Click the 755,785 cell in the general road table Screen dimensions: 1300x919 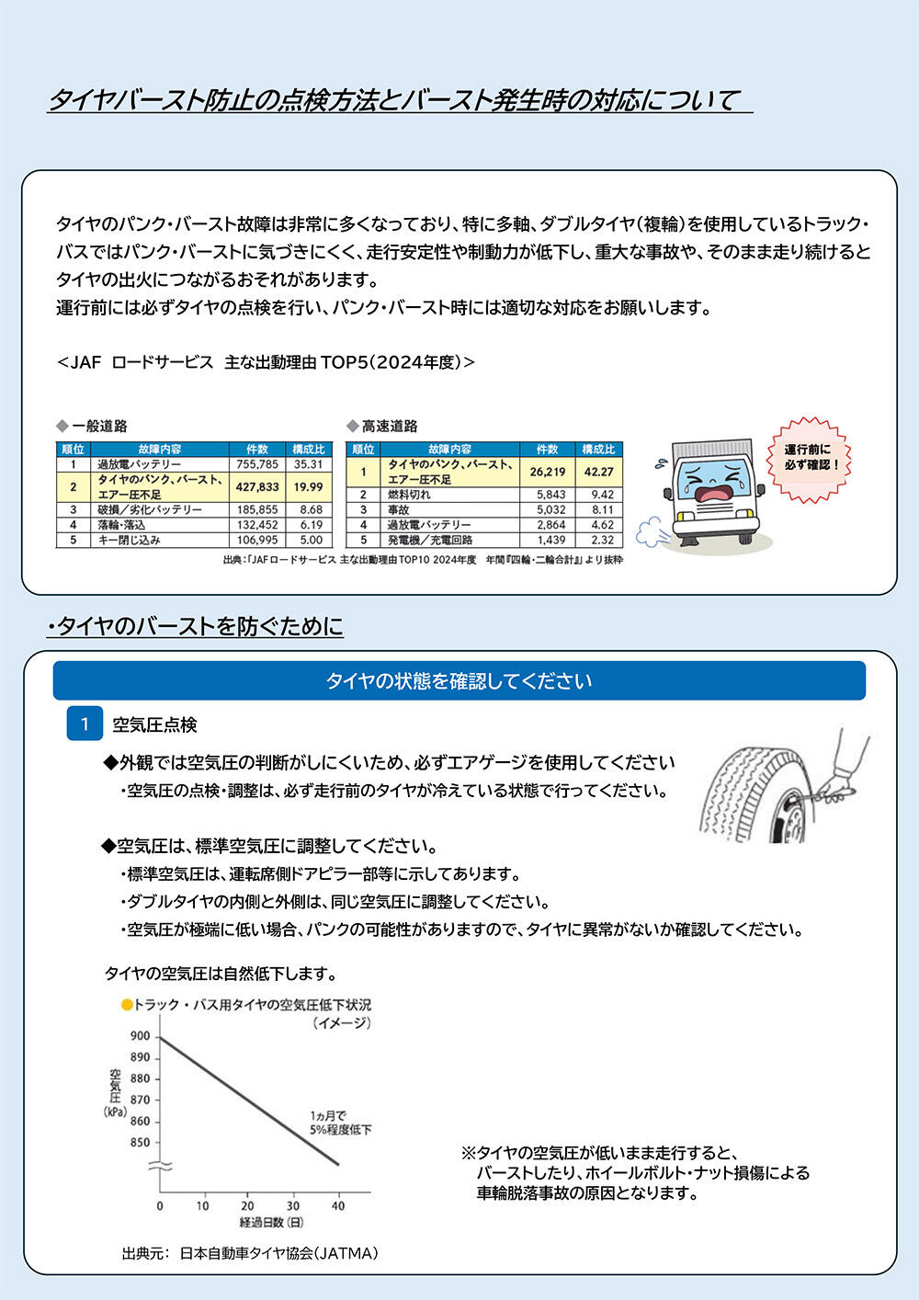click(x=256, y=464)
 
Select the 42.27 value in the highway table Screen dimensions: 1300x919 click(x=598, y=472)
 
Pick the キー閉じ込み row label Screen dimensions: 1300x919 click(x=130, y=540)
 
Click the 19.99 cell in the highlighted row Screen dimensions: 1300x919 click(x=309, y=487)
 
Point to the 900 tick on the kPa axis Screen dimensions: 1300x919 click(x=140, y=1036)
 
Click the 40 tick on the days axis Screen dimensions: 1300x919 click(x=338, y=1205)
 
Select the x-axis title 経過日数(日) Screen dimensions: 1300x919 click(x=271, y=1223)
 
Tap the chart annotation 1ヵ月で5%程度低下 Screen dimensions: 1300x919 click(x=340, y=1123)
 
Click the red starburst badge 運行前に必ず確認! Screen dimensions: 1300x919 click(x=809, y=458)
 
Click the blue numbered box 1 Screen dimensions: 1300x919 click(x=85, y=724)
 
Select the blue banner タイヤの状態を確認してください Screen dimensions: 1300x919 click(x=459, y=681)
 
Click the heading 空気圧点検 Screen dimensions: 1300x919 click(x=154, y=725)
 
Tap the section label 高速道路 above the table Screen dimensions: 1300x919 click(x=389, y=427)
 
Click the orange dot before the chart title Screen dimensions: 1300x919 click(x=127, y=1005)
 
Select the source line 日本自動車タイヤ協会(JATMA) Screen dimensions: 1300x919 click(x=278, y=1252)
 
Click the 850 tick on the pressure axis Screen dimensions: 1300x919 click(x=140, y=1143)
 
